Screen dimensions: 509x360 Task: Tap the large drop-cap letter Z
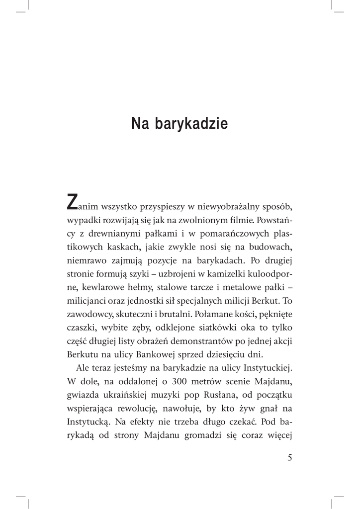[x=72, y=202]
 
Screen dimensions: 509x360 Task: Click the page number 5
[x=290, y=458]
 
